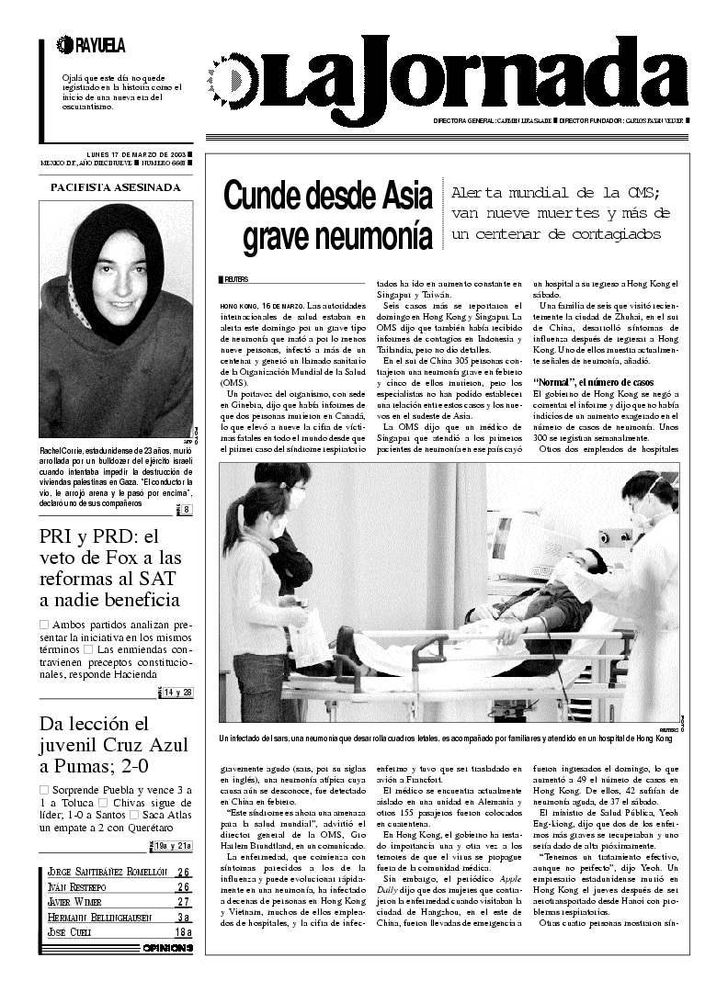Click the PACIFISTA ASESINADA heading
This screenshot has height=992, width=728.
coord(115,187)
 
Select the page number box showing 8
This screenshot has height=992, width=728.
coord(185,510)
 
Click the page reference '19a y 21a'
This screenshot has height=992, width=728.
coord(173,846)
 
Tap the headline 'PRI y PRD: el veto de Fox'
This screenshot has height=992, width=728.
coord(111,569)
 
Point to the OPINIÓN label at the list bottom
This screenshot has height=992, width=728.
coord(167,948)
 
